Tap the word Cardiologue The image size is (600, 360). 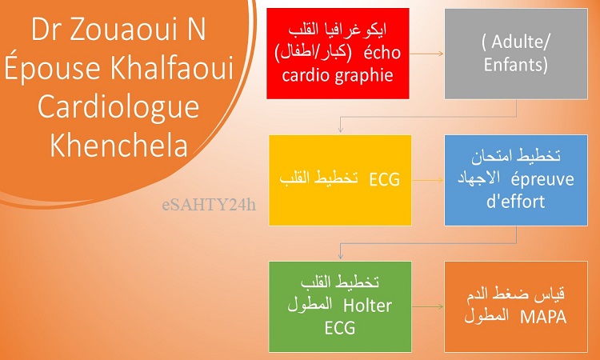click(x=118, y=108)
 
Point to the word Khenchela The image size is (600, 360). click(x=119, y=145)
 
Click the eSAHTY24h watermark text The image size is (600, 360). click(x=209, y=206)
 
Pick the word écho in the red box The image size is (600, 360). click(x=382, y=54)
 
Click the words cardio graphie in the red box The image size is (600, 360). click(x=338, y=75)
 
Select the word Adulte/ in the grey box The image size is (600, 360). click(x=515, y=42)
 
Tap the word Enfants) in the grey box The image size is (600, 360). click(x=515, y=64)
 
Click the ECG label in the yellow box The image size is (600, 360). click(x=385, y=179)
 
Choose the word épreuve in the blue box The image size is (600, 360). click(x=542, y=180)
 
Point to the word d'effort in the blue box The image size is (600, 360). click(x=515, y=202)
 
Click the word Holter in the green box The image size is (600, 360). click(x=368, y=306)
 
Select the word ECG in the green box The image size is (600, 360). click(x=340, y=328)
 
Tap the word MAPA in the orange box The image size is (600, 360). click(x=543, y=318)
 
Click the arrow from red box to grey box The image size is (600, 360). click(x=426, y=54)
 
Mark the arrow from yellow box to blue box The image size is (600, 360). click(x=428, y=180)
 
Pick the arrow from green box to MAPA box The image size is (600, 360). click(x=428, y=306)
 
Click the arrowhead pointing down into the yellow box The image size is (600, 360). click(x=340, y=130)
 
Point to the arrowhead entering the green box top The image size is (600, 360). click(x=340, y=257)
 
